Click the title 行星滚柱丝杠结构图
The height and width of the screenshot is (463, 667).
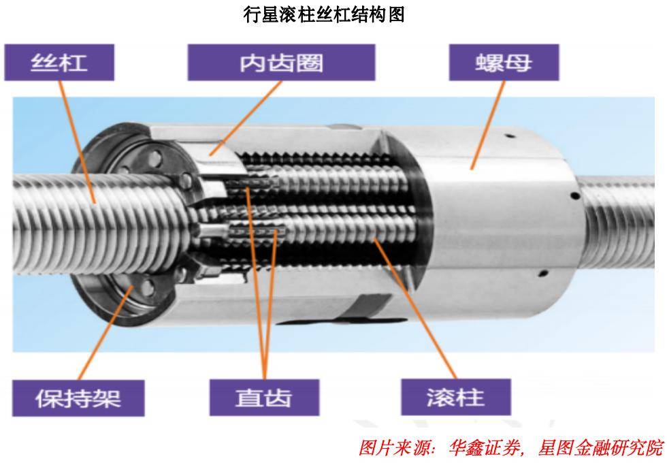(x=324, y=15)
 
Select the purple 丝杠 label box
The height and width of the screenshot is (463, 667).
(x=59, y=63)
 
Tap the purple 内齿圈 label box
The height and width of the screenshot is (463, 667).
(x=281, y=63)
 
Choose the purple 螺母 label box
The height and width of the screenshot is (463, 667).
(x=504, y=63)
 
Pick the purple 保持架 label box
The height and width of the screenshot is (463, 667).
(x=78, y=398)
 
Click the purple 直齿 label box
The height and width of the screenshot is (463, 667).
(x=264, y=398)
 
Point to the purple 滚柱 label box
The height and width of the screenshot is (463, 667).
(x=456, y=398)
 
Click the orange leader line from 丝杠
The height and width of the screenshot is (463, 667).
(x=76, y=142)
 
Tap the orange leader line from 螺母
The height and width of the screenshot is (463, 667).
(x=487, y=125)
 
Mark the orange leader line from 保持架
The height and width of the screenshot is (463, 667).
(x=105, y=333)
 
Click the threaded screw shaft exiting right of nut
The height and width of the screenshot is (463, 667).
(x=618, y=222)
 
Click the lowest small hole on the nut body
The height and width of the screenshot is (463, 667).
(x=542, y=273)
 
